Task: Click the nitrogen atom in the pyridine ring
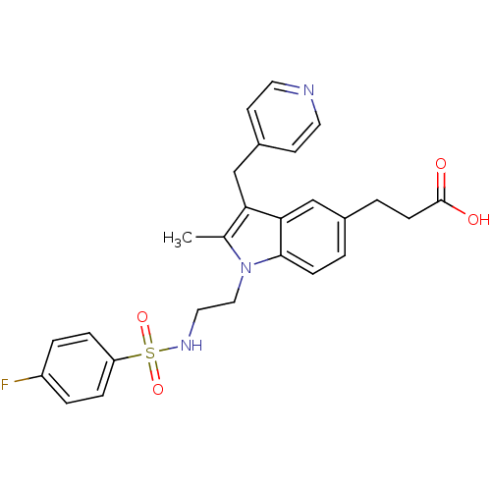tap(308, 90)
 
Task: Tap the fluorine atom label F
tap(5, 384)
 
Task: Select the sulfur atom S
tap(149, 353)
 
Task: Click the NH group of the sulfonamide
tap(191, 345)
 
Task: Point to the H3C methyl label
tap(178, 239)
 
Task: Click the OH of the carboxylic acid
tap(478, 219)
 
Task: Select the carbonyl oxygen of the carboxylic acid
tap(441, 164)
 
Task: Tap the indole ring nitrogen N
tap(245, 268)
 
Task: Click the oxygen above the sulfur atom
tap(142, 317)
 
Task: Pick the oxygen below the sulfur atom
tap(158, 389)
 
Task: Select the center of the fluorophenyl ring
tap(78, 368)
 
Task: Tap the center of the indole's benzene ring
tap(313, 237)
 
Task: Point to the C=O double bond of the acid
tap(441, 186)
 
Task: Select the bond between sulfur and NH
tap(168, 350)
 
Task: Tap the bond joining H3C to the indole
tap(208, 237)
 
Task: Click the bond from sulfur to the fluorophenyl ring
tap(129, 357)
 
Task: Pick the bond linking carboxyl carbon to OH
tap(454, 207)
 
